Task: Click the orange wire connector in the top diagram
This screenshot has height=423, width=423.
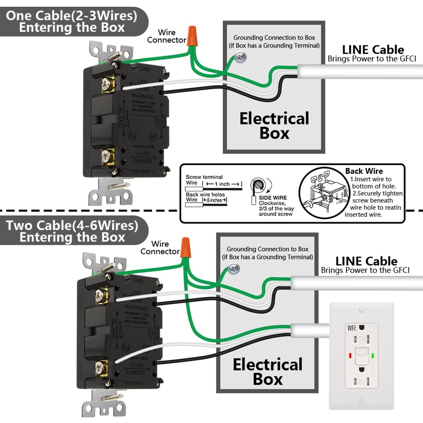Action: click(x=192, y=36)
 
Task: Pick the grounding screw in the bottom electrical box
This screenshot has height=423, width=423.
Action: click(x=234, y=269)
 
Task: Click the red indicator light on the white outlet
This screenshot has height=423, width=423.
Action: click(x=350, y=356)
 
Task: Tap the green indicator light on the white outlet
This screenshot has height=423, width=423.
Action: click(x=373, y=356)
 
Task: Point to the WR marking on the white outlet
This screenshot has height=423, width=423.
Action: click(x=351, y=328)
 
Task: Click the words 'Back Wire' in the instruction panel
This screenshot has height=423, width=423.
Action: click(x=364, y=171)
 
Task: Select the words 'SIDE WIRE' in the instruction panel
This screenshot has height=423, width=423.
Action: click(x=272, y=198)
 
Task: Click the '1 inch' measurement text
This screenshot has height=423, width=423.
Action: click(x=222, y=184)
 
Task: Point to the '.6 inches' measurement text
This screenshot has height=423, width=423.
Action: click(x=214, y=200)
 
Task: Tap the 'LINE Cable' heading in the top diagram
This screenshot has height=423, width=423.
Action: click(x=373, y=50)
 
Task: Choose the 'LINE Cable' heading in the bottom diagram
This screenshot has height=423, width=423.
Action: click(x=366, y=261)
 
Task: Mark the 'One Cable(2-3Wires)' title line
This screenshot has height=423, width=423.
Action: click(x=72, y=16)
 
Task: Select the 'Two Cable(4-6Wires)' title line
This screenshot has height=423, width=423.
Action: click(x=72, y=226)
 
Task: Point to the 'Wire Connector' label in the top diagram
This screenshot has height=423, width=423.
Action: click(x=166, y=36)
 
